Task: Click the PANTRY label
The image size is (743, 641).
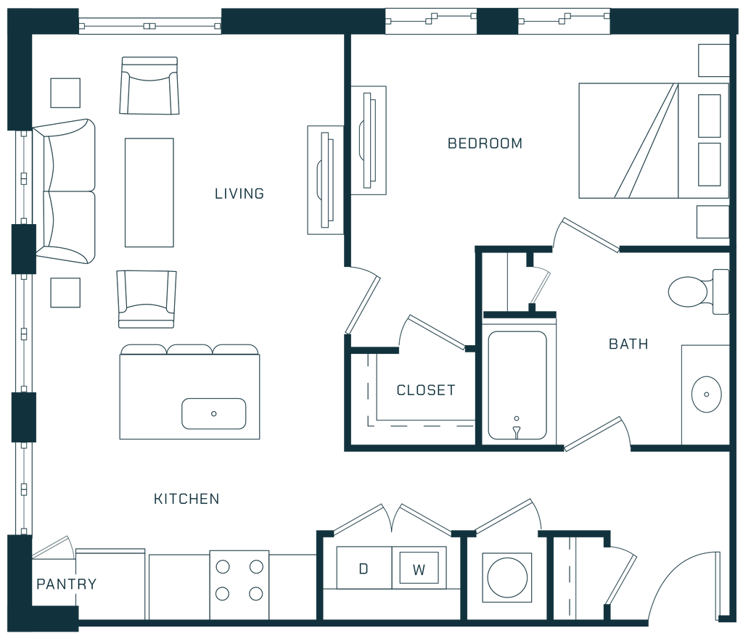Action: (66, 584)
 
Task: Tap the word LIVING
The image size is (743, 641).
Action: (239, 194)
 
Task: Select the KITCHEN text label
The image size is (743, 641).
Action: (186, 499)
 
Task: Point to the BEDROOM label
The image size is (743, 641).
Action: (484, 144)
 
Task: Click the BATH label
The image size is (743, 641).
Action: (628, 344)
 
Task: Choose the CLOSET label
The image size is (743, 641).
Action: (425, 390)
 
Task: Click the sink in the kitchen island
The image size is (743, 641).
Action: (213, 413)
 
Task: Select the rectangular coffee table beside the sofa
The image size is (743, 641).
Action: (149, 192)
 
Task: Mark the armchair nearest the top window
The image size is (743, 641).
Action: (149, 85)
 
